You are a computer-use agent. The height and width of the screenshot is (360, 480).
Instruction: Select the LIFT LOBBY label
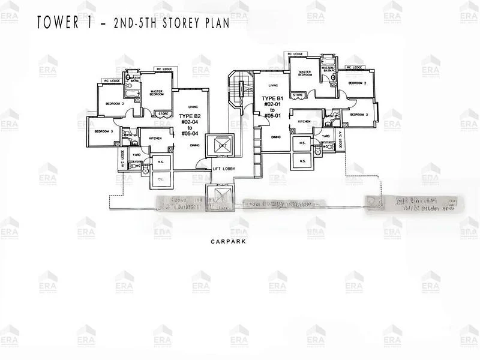pyautogui.click(x=224, y=169)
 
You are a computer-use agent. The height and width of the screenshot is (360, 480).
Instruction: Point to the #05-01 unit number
pyautogui.click(x=272, y=117)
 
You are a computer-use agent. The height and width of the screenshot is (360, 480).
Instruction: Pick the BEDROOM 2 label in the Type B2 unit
pyautogui.click(x=115, y=104)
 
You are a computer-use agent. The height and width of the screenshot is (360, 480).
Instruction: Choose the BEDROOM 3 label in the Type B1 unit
pyautogui.click(x=358, y=115)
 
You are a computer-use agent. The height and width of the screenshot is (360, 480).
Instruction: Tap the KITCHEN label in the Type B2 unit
pyautogui.click(x=155, y=138)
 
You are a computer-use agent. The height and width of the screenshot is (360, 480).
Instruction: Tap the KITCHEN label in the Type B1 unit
pyautogui.click(x=304, y=121)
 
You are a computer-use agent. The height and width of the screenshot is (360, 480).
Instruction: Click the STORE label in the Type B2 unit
pyautogui.click(x=163, y=113)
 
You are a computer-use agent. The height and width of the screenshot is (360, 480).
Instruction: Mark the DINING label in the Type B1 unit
pyautogui.click(x=275, y=137)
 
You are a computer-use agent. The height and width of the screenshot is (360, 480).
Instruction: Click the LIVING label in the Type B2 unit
pyautogui.click(x=193, y=106)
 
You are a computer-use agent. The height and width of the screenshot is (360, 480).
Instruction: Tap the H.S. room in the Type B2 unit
pyautogui.click(x=160, y=162)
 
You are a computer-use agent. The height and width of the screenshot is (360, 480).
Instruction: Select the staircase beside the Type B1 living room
pyautogui.click(x=241, y=89)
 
